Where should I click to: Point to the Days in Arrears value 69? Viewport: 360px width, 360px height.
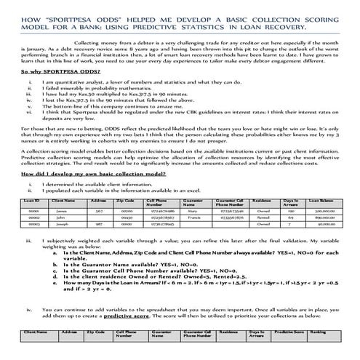[x=289, y=216]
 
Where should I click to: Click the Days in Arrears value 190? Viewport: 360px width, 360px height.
[x=289, y=208]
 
